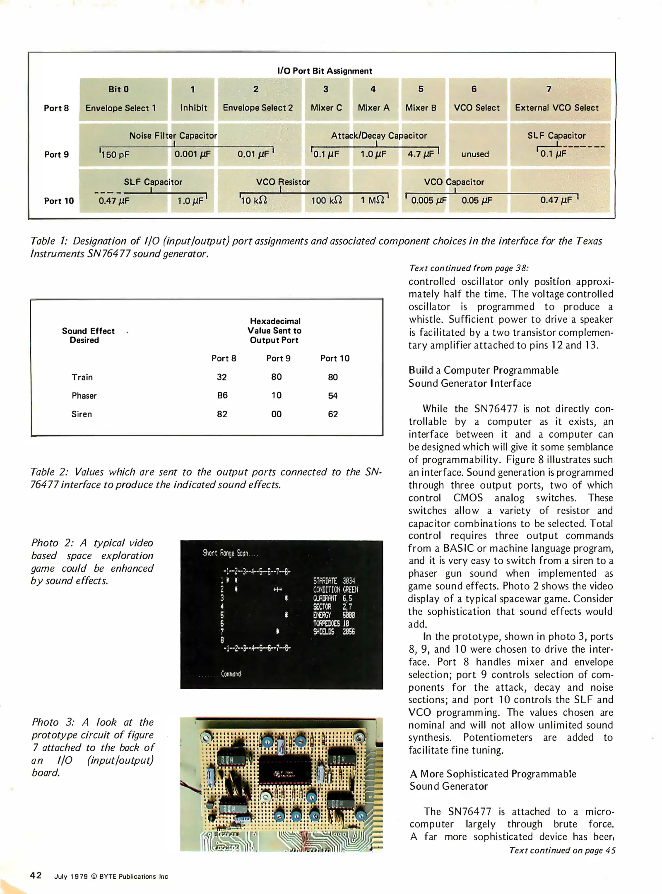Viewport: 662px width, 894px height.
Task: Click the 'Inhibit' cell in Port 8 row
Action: coord(193,108)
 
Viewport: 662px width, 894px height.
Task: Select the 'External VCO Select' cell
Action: coord(556,108)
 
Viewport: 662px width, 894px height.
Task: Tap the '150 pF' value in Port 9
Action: coord(116,155)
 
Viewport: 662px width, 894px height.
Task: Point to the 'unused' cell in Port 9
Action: coord(475,154)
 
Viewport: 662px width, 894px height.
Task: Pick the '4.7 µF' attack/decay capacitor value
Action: coord(421,154)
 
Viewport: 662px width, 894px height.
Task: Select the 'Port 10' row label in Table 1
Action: coord(59,201)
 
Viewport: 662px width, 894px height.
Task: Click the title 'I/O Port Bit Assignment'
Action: coord(325,71)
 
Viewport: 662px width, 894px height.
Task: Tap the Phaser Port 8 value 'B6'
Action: coord(222,395)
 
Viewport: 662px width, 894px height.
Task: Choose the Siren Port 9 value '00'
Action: coord(276,414)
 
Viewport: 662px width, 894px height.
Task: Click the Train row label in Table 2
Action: coord(82,377)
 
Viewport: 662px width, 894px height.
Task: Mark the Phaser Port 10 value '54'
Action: coord(332,396)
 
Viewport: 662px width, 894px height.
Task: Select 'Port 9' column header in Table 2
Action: coord(278,358)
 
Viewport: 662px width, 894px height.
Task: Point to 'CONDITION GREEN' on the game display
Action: coord(335,589)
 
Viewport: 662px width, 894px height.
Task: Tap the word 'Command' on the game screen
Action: coord(231,674)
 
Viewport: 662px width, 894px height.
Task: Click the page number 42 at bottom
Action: coord(36,875)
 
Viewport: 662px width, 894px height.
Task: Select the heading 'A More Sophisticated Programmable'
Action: coord(493,774)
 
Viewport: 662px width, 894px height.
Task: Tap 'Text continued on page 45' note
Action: coord(562,850)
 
